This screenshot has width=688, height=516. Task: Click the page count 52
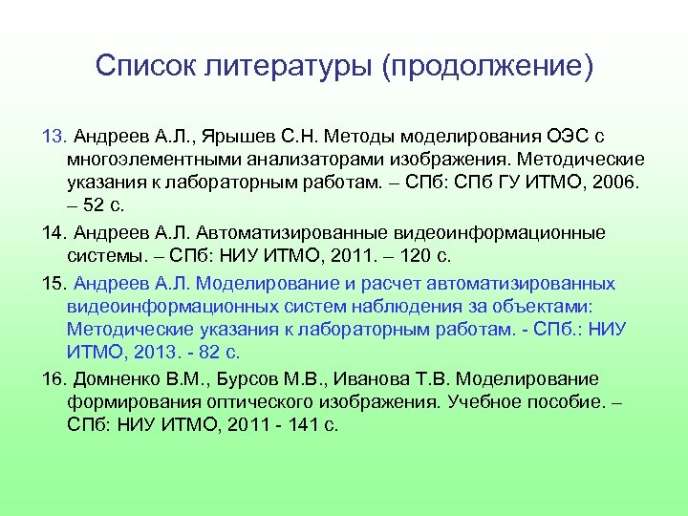(x=96, y=205)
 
